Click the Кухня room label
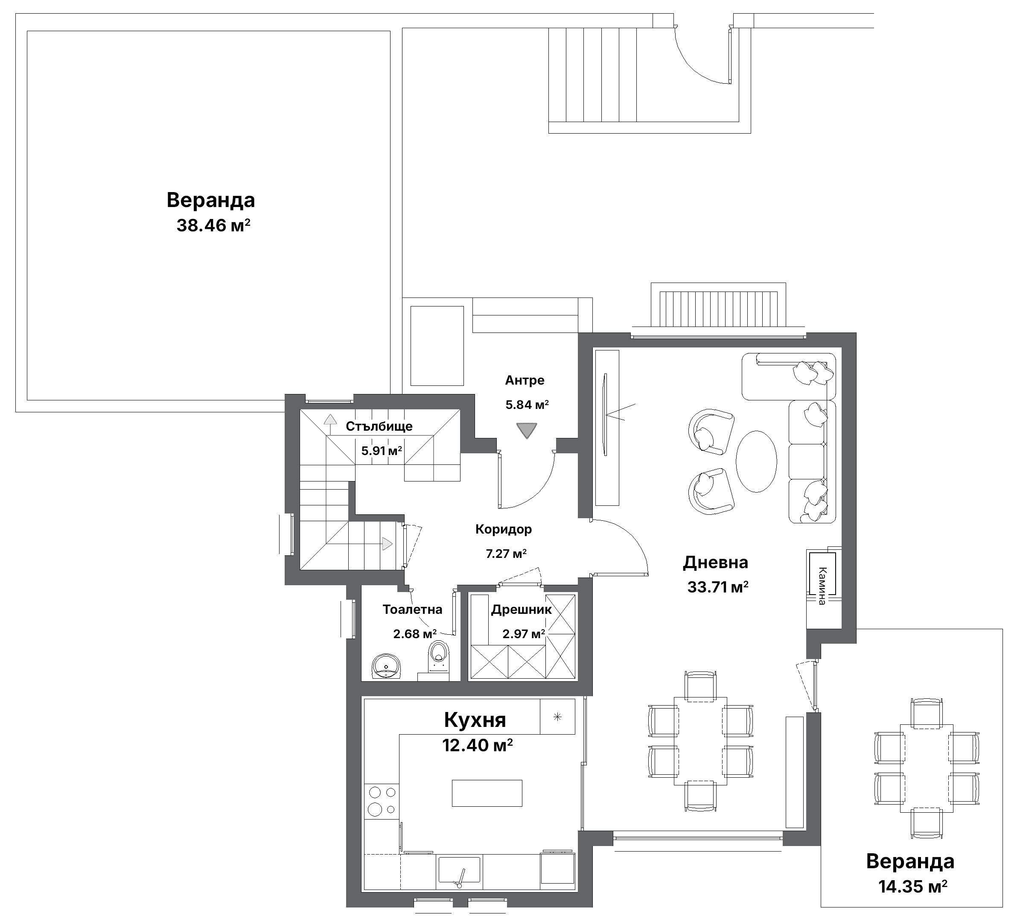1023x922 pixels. pyautogui.click(x=475, y=720)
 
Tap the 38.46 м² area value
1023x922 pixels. pyautogui.click(x=213, y=225)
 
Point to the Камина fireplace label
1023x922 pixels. pyautogui.click(x=822, y=586)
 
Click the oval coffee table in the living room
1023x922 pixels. pyautogui.click(x=756, y=461)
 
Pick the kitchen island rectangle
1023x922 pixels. pyautogui.click(x=487, y=793)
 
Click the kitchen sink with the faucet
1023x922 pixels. pyautogui.click(x=459, y=871)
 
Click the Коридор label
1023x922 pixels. pyautogui.click(x=504, y=529)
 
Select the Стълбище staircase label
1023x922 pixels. pyautogui.click(x=379, y=426)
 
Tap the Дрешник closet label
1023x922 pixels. pyautogui.click(x=521, y=610)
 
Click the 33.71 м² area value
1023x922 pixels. pyautogui.click(x=717, y=587)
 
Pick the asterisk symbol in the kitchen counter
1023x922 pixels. pyautogui.click(x=557, y=717)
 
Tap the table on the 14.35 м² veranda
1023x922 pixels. pyautogui.click(x=926, y=768)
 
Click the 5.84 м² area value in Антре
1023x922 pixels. pyautogui.click(x=527, y=405)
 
